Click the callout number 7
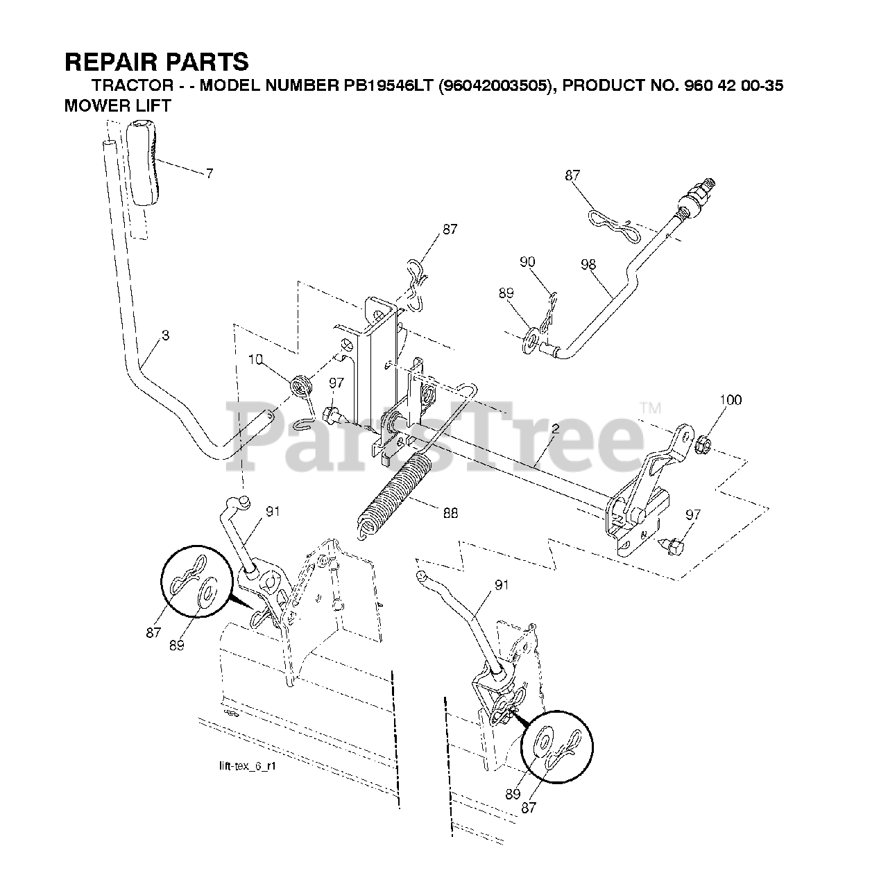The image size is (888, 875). point(210,173)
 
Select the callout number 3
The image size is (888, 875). point(165,336)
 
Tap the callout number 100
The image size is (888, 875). point(731,400)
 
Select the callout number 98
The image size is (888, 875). point(588,264)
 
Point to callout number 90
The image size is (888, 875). point(527,261)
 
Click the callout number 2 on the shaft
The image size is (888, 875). point(555,430)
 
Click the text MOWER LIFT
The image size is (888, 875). point(117,107)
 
